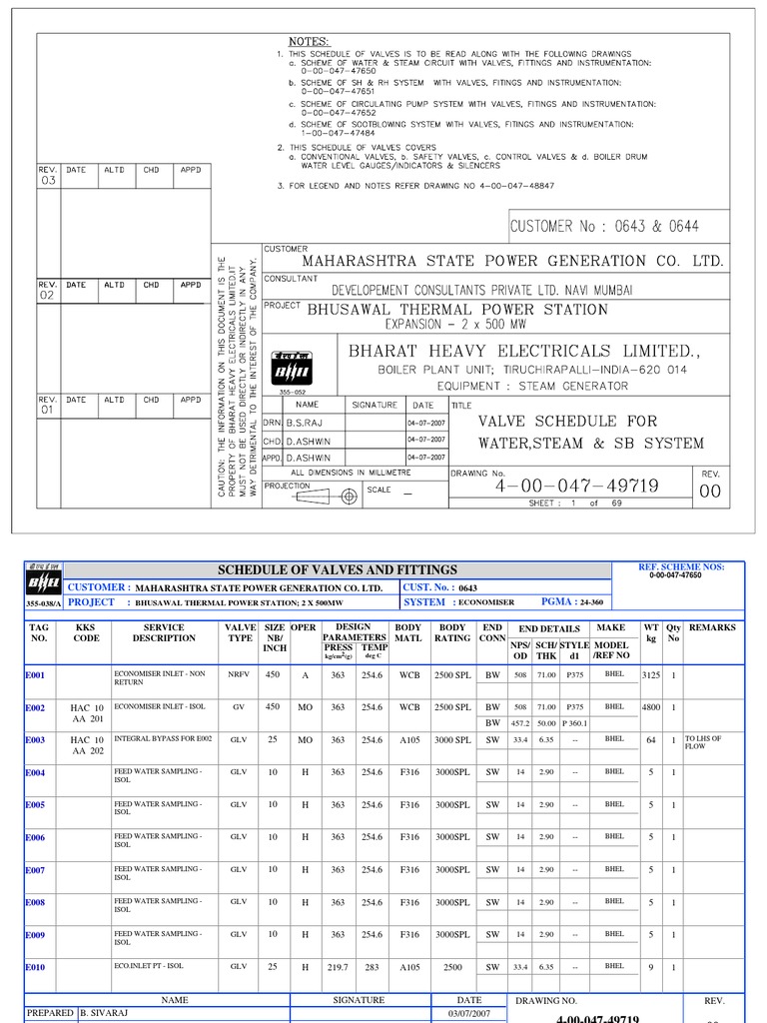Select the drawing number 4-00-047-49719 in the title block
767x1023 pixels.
pos(577,487)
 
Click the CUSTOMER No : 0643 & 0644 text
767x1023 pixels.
pos(604,227)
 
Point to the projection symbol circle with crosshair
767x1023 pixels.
pos(349,496)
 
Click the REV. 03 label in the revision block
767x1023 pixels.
pos(48,176)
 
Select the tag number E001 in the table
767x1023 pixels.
pos(35,675)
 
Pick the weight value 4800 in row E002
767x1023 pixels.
pos(651,707)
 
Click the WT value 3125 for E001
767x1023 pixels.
pos(651,675)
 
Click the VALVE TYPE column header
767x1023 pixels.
pos(240,632)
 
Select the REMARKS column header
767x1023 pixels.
pos(712,627)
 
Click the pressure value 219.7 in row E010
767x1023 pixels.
pos(338,967)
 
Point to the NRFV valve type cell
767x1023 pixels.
pos(239,675)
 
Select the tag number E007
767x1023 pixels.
pos(35,870)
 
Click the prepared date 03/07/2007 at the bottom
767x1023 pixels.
pos(468,1013)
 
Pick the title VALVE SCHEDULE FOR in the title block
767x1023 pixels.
pos(567,421)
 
